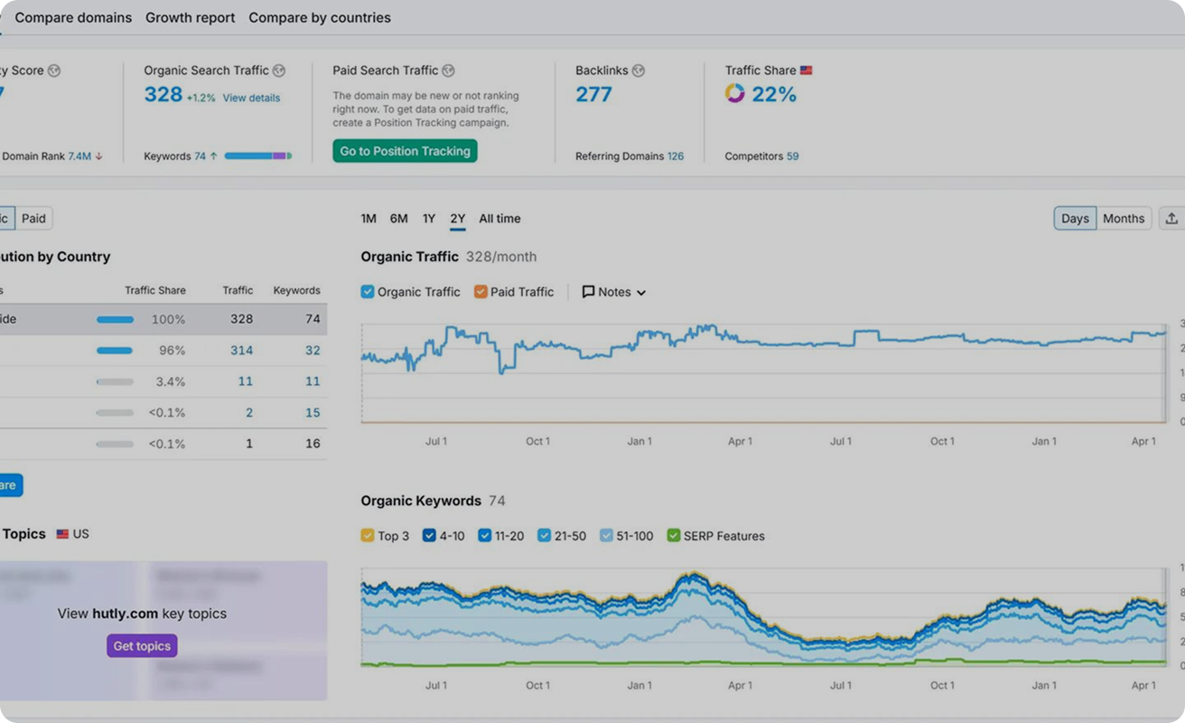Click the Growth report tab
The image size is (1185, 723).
[x=190, y=17]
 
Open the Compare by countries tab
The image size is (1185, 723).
[x=320, y=17]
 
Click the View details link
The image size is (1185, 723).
[x=251, y=98]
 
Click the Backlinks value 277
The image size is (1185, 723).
[x=593, y=94]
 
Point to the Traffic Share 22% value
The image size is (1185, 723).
[x=773, y=94]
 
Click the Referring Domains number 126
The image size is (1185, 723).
[x=675, y=156]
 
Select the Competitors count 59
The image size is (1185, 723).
[x=792, y=156]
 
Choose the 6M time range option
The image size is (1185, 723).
[x=398, y=219]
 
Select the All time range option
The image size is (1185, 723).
[x=499, y=219]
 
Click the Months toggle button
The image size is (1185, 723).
[x=1123, y=219]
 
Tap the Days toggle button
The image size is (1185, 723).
[x=1075, y=219]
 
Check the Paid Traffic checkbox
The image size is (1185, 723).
[x=481, y=292]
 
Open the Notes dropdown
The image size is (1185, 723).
[x=614, y=292]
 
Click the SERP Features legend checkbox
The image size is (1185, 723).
[x=673, y=536]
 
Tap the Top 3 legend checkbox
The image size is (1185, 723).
[x=368, y=536]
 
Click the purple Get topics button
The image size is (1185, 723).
[x=142, y=646]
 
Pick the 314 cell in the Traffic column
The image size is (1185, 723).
[x=241, y=350]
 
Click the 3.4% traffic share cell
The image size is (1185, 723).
[x=170, y=381]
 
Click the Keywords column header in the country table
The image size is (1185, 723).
[x=296, y=290]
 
